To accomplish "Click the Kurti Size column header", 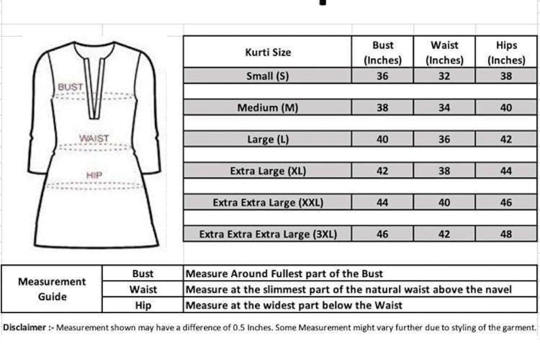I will click(267, 52).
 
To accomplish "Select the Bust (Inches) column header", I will click(382, 52).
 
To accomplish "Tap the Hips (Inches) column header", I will click(506, 52).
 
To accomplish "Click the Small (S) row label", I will click(267, 76).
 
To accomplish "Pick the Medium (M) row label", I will click(267, 108).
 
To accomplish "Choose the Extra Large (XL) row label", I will click(267, 171).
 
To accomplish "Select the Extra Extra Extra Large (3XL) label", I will click(267, 234).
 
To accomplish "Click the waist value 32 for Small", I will click(444, 76).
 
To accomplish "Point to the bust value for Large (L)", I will click(382, 140).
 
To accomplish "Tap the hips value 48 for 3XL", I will click(506, 234).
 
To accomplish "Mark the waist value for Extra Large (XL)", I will click(444, 171).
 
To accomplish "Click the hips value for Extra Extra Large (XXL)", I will click(506, 202).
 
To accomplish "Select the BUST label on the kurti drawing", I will click(70, 87).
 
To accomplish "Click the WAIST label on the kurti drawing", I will click(94, 138).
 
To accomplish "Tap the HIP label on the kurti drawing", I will click(94, 175).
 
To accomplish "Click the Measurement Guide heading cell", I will click(52, 289).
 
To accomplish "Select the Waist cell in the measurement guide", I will click(143, 289).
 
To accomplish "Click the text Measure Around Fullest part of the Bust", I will click(284, 274).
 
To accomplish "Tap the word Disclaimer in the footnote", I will click(24, 327).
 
